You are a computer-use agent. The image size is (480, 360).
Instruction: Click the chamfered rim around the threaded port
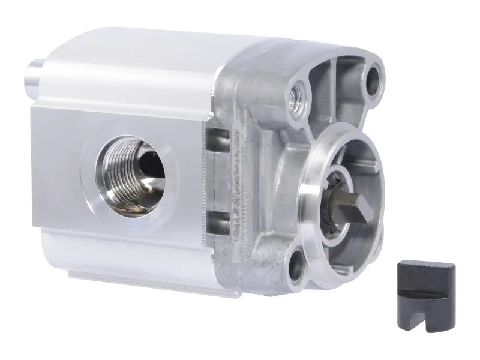pos(96,180)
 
